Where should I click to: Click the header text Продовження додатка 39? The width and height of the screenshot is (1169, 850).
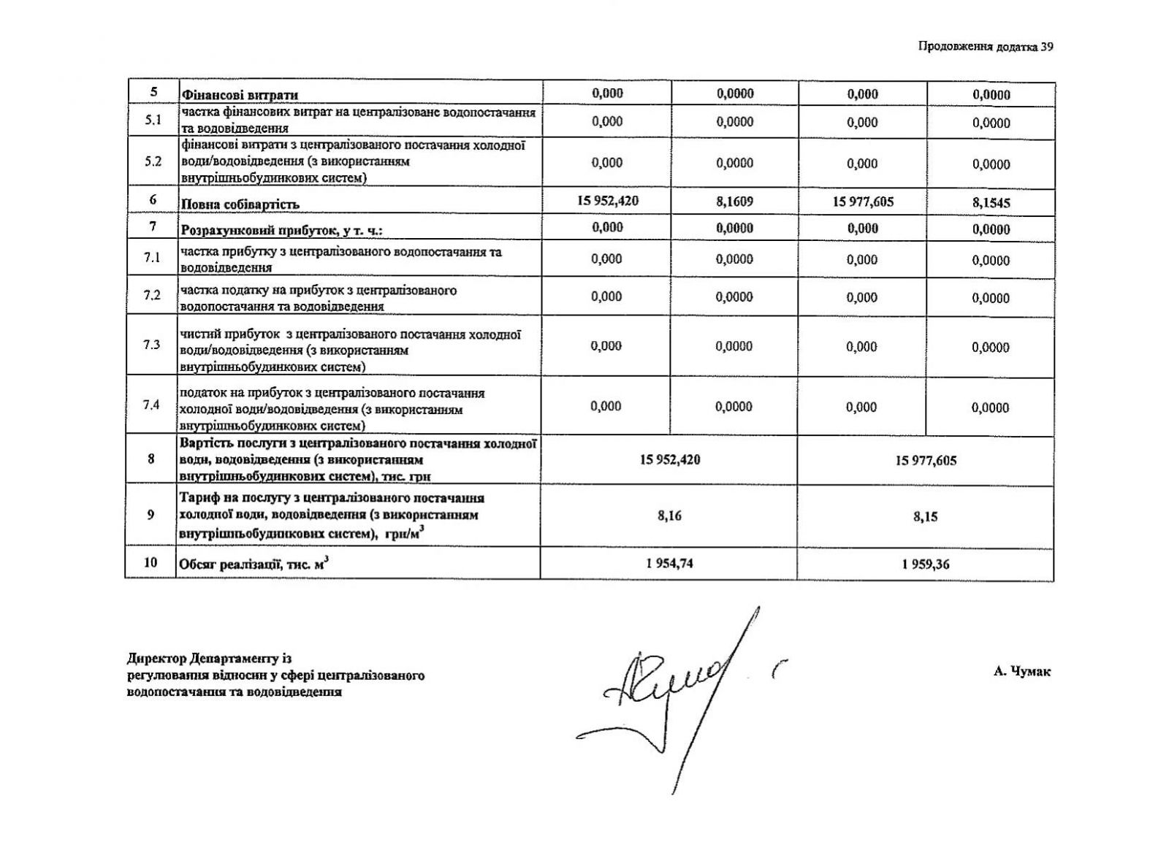pos(986,47)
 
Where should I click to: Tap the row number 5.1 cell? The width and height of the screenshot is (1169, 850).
pos(153,120)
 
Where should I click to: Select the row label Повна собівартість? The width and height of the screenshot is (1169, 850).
pos(240,204)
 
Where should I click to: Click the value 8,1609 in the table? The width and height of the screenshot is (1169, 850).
pos(734,202)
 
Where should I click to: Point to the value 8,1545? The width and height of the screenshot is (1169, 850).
pos(991,203)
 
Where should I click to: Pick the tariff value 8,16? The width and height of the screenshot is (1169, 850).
pos(669,516)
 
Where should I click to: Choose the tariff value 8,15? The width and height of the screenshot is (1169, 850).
pos(925,516)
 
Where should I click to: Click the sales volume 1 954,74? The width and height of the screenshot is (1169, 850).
pos(669,563)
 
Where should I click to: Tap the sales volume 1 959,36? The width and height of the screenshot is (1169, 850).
pos(925,564)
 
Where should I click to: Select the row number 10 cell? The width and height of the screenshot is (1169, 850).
pos(151,562)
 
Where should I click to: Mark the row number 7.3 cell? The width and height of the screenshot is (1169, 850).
pos(151,345)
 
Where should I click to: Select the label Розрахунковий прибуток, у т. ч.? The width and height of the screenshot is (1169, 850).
pos(282,231)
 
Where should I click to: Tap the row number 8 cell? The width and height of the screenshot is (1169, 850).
pos(151,459)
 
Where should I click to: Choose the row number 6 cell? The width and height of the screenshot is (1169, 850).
pos(153,199)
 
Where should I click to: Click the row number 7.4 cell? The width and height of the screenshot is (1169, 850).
pos(151,405)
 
